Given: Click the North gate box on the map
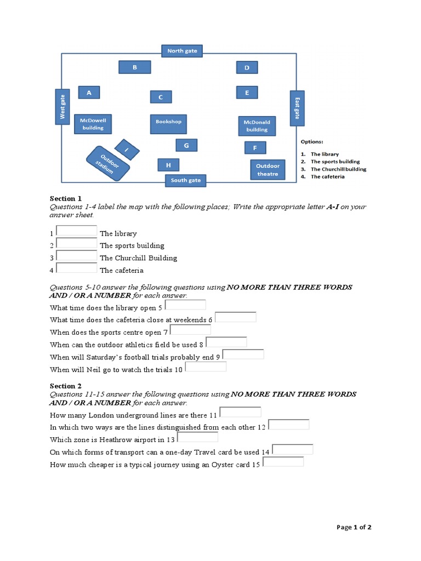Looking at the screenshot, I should click(183, 51).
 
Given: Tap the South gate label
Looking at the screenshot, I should click(186, 180).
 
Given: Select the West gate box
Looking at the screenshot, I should click(62, 106).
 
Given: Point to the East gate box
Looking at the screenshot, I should click(297, 108).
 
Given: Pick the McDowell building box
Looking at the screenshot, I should click(93, 124).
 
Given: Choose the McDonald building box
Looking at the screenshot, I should click(257, 126).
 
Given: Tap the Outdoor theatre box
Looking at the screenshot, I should click(268, 170).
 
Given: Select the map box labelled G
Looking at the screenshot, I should click(186, 145).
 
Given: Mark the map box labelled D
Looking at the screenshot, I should click(247, 67).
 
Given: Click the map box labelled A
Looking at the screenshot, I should click(89, 93).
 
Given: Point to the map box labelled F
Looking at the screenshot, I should click(255, 148).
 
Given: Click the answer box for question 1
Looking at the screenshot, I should click(77, 231).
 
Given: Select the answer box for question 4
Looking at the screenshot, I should click(77, 268).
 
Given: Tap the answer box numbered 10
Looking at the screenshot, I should click(206, 367).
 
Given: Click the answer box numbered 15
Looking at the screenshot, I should click(283, 462).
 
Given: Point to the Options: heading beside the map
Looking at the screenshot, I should click(312, 142).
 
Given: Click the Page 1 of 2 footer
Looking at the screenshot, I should click(354, 528).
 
